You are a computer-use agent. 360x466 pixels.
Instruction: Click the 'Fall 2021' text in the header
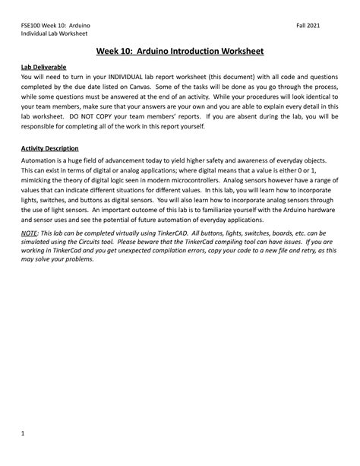pos(308,24)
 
